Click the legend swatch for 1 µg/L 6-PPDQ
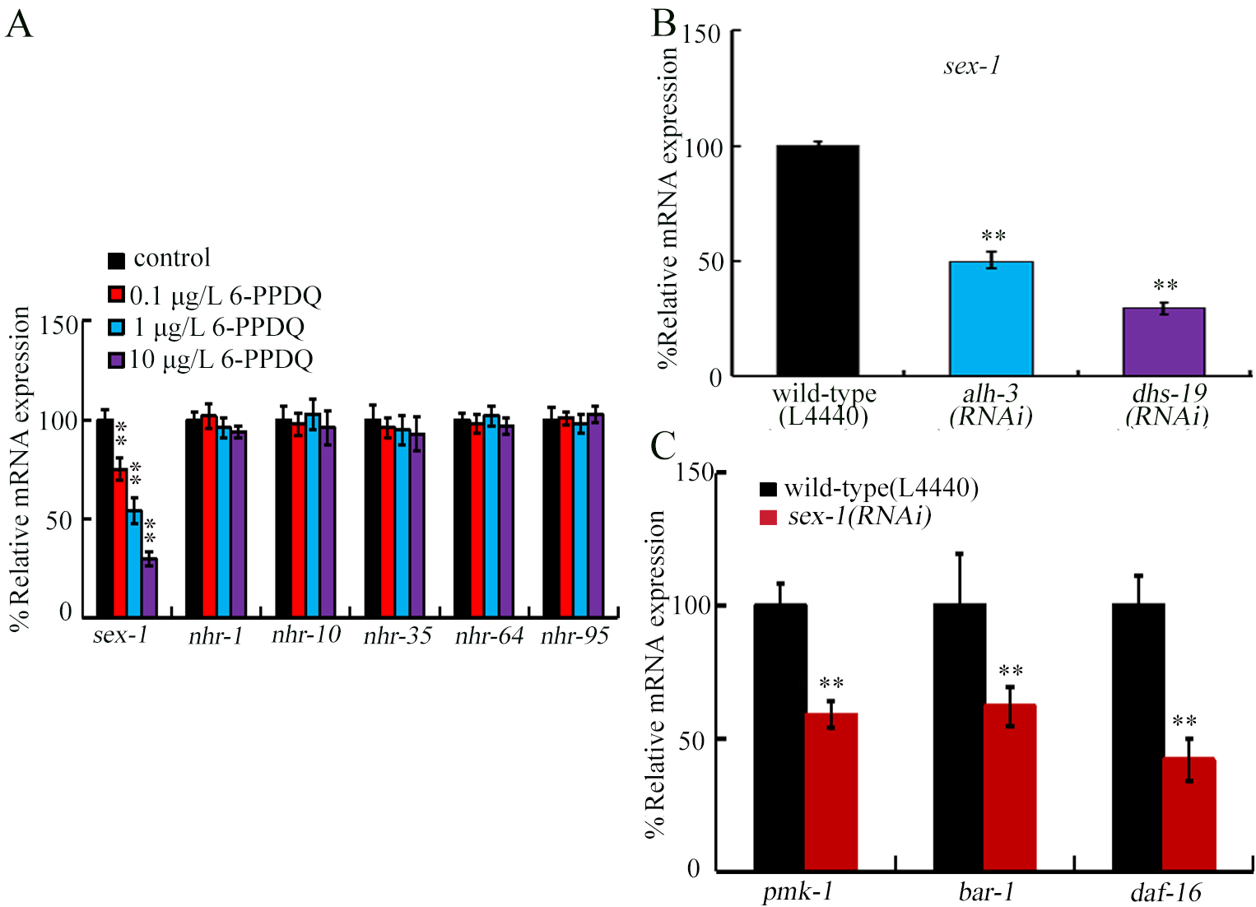pyautogui.click(x=117, y=328)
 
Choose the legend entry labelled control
pyautogui.click(x=171, y=258)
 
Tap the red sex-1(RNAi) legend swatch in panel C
pyautogui.click(x=768, y=518)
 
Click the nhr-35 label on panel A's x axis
pyautogui.click(x=398, y=635)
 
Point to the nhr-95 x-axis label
pyautogui.click(x=575, y=635)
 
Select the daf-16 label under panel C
pyautogui.click(x=1165, y=892)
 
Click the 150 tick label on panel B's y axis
pyautogui.click(x=701, y=35)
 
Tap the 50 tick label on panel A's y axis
pyautogui.click(x=58, y=521)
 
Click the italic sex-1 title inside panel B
pyautogui.click(x=971, y=66)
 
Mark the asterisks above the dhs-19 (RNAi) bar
pyautogui.click(x=1165, y=286)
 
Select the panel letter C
pyautogui.click(x=663, y=446)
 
